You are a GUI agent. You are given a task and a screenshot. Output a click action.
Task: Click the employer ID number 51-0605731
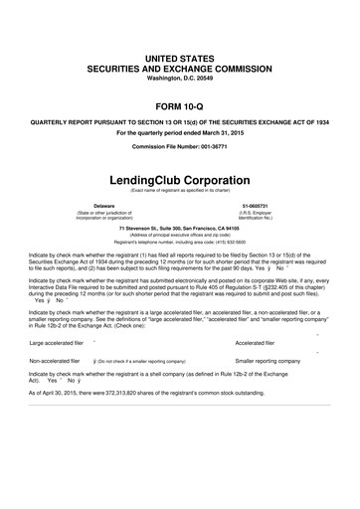[x=270, y=204]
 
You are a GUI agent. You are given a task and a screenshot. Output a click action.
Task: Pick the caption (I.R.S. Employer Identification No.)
[x=270, y=215]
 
